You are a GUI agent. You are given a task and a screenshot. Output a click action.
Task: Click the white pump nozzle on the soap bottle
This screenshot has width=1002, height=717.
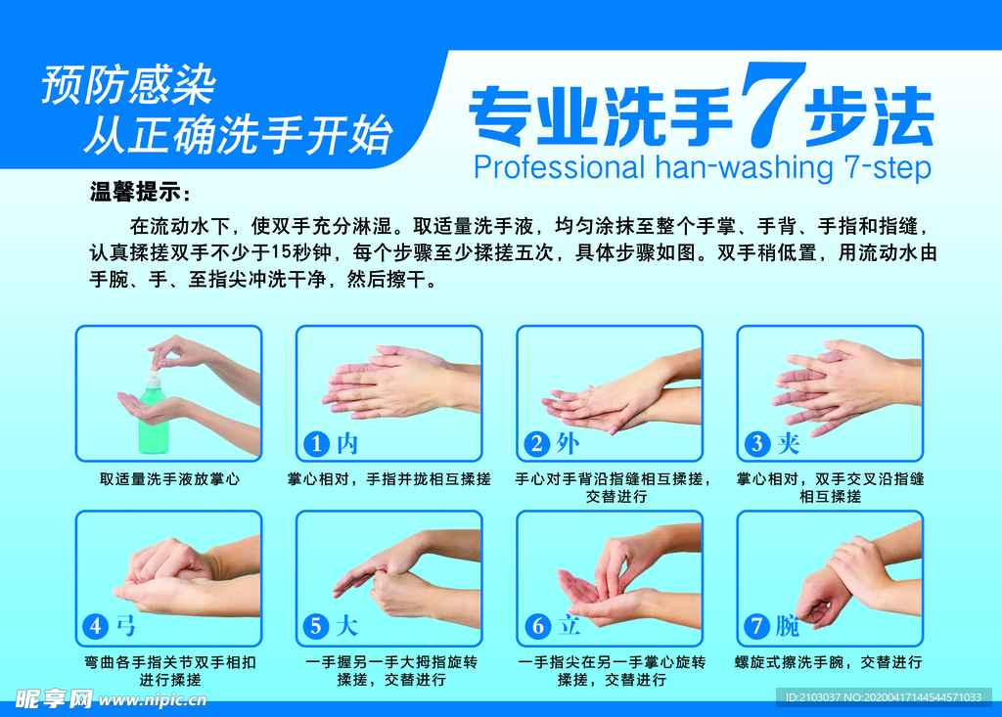[154, 373]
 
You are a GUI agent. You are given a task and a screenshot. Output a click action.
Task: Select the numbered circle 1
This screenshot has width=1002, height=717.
[316, 443]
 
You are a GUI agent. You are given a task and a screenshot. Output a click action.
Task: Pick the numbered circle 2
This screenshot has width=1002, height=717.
[537, 443]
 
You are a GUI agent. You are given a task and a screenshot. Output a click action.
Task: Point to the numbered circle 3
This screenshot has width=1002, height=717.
[757, 443]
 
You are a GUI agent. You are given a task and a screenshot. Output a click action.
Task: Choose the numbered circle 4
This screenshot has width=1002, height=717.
[96, 626]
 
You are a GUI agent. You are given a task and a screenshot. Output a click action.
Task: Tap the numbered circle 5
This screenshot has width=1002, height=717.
[316, 626]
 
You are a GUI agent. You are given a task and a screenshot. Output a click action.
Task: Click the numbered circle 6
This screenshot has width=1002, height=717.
[537, 626]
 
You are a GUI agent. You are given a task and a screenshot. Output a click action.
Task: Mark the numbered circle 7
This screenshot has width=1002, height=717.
[757, 626]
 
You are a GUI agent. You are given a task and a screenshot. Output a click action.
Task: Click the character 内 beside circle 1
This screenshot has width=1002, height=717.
[347, 443]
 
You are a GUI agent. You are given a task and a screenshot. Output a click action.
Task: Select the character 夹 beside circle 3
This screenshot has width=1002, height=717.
[789, 443]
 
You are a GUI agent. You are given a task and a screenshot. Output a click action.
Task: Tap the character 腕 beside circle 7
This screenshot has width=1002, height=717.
[788, 626]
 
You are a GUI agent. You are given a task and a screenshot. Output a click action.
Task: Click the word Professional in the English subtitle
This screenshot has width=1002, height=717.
[559, 168]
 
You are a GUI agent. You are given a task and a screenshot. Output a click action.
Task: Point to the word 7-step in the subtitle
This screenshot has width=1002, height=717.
[888, 168]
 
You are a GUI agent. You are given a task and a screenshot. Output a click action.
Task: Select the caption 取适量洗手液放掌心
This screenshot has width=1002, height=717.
[169, 478]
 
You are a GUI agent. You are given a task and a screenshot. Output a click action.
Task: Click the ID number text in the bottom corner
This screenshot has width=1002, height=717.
[884, 697]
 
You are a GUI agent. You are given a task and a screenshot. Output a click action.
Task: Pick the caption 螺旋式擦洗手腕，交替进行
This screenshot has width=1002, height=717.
[829, 662]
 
